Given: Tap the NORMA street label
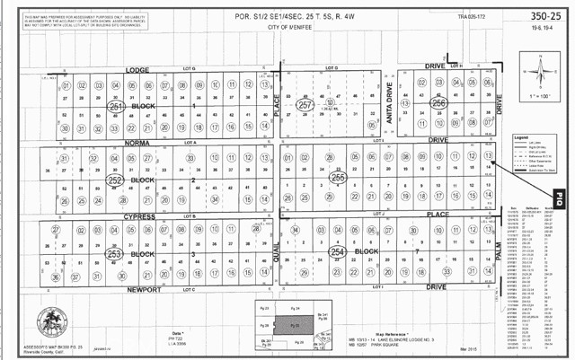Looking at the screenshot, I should (x=132, y=142).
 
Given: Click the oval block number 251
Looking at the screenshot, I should (x=116, y=107).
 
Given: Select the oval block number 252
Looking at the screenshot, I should (x=116, y=180).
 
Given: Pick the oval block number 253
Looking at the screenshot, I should (x=115, y=254).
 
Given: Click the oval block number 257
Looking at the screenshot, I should (x=306, y=106).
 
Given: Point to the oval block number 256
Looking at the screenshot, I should (x=439, y=104).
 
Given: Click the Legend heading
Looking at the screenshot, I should (x=520, y=136).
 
